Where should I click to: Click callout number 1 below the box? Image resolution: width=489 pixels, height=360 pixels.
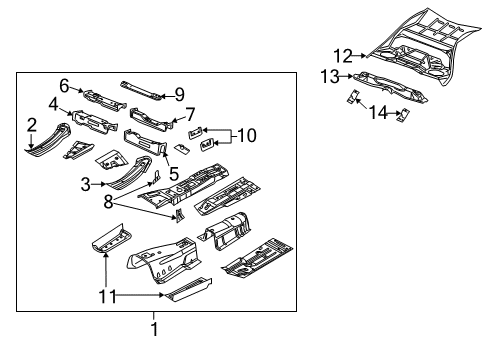coord(154,327)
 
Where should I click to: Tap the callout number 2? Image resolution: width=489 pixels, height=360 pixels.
coord(32,125)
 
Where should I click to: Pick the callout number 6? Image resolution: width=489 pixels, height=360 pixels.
coord(64,85)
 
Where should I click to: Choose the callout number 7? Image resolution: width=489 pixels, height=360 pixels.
coord(190,114)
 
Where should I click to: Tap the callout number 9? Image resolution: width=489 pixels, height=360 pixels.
coord(180,94)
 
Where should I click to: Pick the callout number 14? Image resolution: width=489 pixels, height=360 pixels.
coord(378,113)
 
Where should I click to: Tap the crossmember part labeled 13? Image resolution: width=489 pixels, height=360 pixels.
coord(390,85)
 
